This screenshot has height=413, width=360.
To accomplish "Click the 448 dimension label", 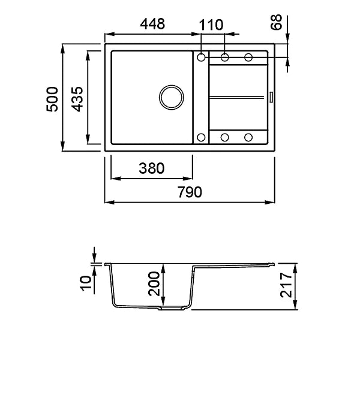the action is pyautogui.click(x=152, y=24).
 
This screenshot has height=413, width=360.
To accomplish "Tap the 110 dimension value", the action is pyautogui.click(x=211, y=25).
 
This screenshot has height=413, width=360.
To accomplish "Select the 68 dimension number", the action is pyautogui.click(x=276, y=22).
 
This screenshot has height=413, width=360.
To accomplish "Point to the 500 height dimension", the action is pyautogui.click(x=52, y=99).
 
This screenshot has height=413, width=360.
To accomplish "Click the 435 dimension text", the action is pyautogui.click(x=77, y=99).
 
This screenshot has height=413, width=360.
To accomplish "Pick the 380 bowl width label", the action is pyautogui.click(x=152, y=168).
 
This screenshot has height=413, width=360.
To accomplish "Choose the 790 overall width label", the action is pyautogui.click(x=190, y=192).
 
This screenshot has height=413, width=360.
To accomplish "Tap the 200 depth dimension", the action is pyautogui.click(x=154, y=284).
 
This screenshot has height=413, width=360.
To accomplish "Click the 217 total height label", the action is pyautogui.click(x=286, y=285).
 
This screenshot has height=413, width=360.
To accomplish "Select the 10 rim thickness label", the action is pyautogui.click(x=86, y=283).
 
